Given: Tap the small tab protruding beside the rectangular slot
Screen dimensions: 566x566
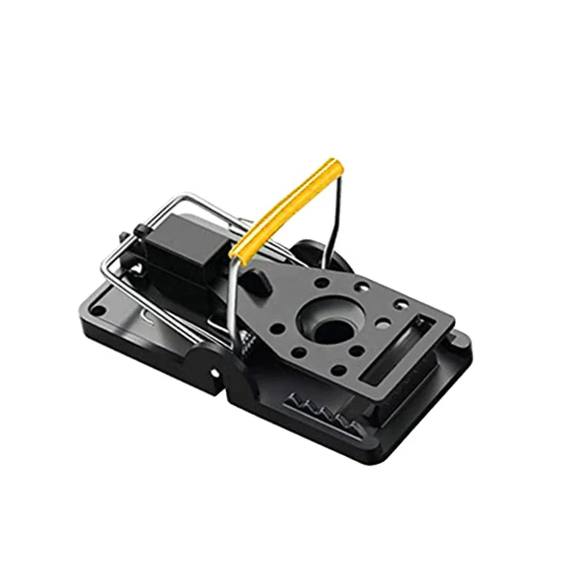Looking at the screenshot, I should [x=455, y=338].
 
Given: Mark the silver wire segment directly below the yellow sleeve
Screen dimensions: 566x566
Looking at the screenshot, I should [x=234, y=294].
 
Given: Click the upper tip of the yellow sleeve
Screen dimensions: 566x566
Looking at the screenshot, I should [x=338, y=165].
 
